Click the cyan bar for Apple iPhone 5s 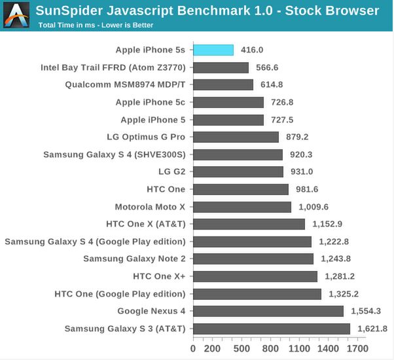[x=213, y=50]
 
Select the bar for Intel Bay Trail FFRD [x=221, y=67]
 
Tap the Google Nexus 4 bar [x=268, y=311]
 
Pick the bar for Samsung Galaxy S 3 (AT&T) [x=272, y=329]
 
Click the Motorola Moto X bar [x=242, y=207]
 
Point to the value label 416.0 [x=252, y=50]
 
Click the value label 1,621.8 [x=372, y=329]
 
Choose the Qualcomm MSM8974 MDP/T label [x=125, y=84]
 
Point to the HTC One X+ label [x=159, y=276]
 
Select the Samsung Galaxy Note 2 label [x=134, y=259]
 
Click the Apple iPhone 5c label [x=150, y=102]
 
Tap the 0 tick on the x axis [x=193, y=349]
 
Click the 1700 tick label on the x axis [x=357, y=349]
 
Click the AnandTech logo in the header [x=17, y=15]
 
